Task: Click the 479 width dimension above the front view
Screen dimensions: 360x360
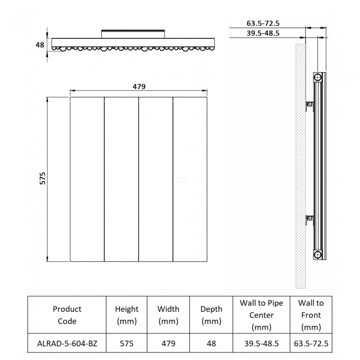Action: click(x=138, y=86)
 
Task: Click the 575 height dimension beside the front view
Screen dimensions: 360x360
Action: click(x=42, y=178)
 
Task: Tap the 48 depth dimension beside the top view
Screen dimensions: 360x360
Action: click(x=40, y=45)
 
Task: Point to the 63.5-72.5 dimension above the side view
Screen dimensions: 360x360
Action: click(x=263, y=23)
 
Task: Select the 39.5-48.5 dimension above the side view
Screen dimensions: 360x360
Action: click(x=263, y=33)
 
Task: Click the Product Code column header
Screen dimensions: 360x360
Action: click(x=66, y=315)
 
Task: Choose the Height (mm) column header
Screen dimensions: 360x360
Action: click(x=127, y=315)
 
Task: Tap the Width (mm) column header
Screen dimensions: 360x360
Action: click(x=168, y=315)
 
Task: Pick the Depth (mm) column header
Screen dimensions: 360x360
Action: click(x=211, y=315)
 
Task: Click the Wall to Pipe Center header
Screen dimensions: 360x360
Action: click(x=261, y=315)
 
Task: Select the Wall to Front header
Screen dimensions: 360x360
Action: click(x=311, y=315)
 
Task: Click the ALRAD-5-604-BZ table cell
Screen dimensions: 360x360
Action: click(x=66, y=343)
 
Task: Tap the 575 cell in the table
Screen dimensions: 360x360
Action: click(x=127, y=343)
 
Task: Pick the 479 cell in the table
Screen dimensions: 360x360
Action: click(x=168, y=343)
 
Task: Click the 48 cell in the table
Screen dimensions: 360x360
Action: click(x=211, y=343)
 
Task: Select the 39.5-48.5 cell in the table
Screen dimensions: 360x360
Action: click(x=261, y=343)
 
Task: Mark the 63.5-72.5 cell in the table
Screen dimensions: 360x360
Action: click(x=311, y=343)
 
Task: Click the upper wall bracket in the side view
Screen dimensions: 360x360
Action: click(x=310, y=104)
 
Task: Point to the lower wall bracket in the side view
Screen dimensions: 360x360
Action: click(x=310, y=221)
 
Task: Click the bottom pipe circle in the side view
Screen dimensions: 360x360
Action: click(x=317, y=254)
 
